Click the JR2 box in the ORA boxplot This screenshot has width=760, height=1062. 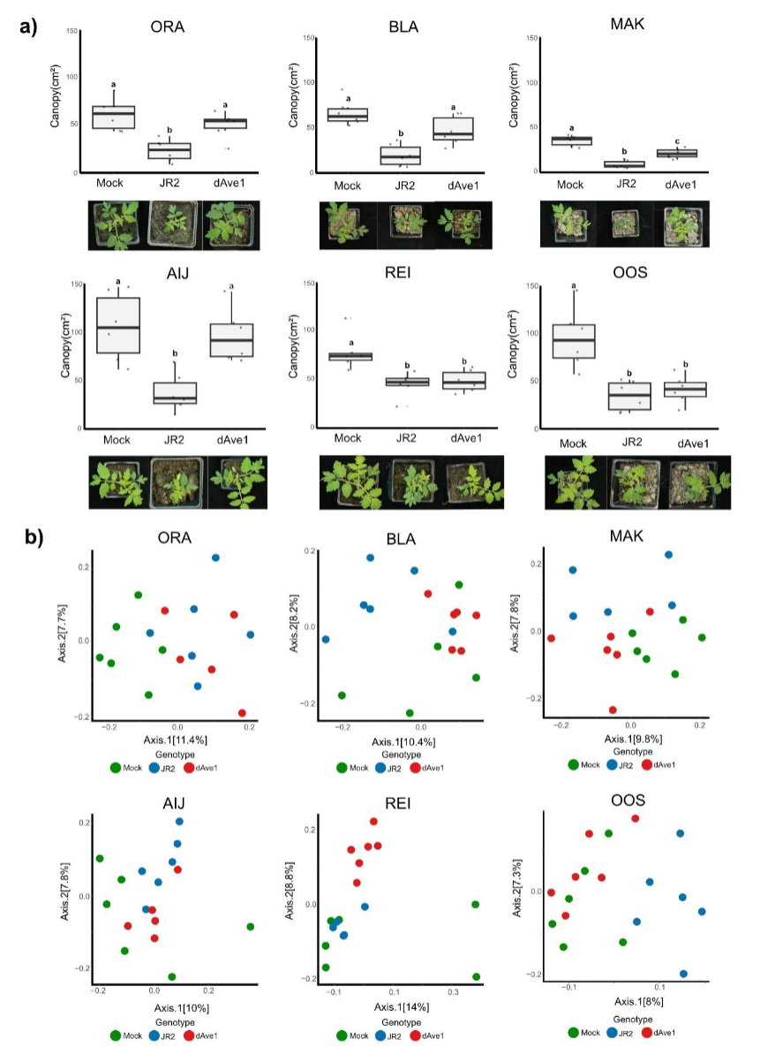click(x=169, y=151)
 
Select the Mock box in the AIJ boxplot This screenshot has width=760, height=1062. click(x=118, y=325)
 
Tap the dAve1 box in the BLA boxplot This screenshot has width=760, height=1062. click(x=453, y=128)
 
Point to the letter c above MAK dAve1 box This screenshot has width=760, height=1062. click(x=677, y=141)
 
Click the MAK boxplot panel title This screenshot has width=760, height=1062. click(x=627, y=24)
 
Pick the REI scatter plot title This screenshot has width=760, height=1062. click(x=398, y=803)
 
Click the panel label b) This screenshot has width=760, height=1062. click(x=34, y=538)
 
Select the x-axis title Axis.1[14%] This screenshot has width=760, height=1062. click(x=401, y=1006)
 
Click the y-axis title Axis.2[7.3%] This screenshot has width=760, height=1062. click(x=517, y=888)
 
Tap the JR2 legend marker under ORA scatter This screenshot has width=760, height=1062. click(x=154, y=768)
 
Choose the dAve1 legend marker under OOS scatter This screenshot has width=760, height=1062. click(x=647, y=1032)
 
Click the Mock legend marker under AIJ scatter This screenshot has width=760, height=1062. click(x=115, y=1035)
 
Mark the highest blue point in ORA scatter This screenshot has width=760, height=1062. click(x=215, y=558)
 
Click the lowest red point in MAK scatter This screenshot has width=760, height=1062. click(x=613, y=709)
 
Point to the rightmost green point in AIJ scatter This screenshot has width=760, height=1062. click(x=251, y=927)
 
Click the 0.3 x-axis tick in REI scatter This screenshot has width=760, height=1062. click(x=453, y=992)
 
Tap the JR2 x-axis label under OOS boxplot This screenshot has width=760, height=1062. click(x=632, y=442)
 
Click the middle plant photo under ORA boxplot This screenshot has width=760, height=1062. click(x=172, y=224)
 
